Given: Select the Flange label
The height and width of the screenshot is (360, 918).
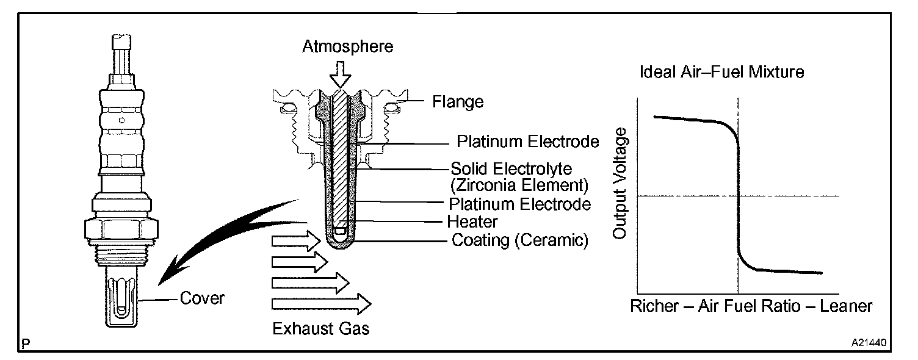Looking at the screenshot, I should click(x=458, y=101).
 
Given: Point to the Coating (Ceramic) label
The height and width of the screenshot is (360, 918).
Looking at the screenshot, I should click(x=520, y=240).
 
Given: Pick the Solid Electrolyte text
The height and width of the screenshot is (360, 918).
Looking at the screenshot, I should click(x=516, y=168).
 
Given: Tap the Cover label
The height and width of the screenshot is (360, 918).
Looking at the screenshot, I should click(x=202, y=299).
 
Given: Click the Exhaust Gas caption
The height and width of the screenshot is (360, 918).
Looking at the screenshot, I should click(x=320, y=329).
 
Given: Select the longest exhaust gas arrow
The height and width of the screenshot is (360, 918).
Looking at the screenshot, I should click(x=321, y=303).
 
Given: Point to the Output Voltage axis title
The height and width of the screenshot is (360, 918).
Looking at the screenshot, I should click(x=620, y=183).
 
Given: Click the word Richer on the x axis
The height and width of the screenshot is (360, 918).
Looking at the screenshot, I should click(x=654, y=306).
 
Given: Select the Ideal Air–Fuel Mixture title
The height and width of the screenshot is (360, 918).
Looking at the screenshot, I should click(x=722, y=72).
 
